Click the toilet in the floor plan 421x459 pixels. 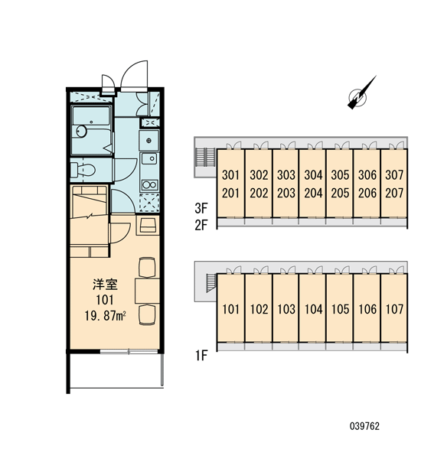pos(83,169)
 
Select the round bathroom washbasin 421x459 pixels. pos(81,131)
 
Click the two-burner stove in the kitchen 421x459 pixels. pos(150,185)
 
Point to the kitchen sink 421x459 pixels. pos(149,158)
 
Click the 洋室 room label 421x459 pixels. pos(105,285)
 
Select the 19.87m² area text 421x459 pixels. pos(106,316)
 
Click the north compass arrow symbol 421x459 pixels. pos(361,93)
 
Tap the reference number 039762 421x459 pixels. pos(364,426)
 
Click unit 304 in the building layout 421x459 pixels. pos(313,175)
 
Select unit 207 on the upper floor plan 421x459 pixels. pos(394,194)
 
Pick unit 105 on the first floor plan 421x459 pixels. pos(340,309)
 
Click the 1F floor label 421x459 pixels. pos(201,356)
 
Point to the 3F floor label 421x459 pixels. pos(201,208)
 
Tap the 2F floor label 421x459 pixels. pos(201,225)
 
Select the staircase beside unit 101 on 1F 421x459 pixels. pos(211,283)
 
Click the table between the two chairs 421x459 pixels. pos(148,291)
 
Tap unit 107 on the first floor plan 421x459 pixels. pos(394,309)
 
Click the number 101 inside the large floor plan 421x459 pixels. pos(105,300)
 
